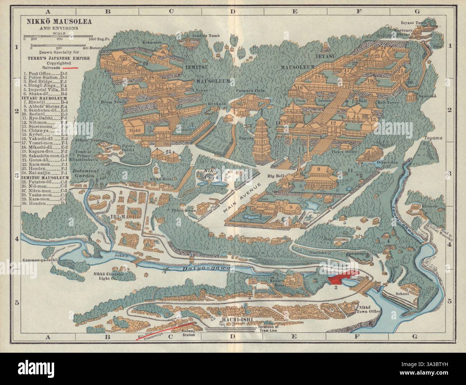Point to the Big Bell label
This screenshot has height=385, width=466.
[275, 177]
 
